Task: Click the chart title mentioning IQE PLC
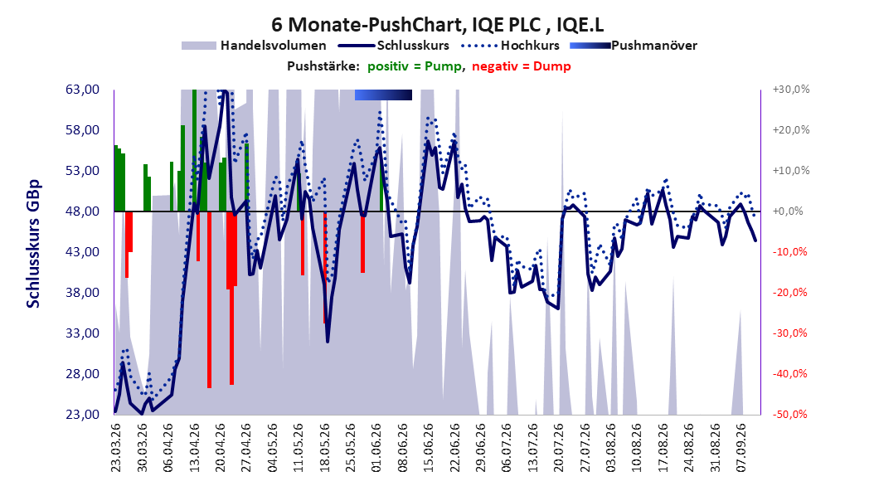pyautogui.click(x=437, y=25)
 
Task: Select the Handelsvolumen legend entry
pyautogui.click(x=254, y=46)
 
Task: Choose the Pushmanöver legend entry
pyautogui.click(x=634, y=46)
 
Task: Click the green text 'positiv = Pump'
pyautogui.click(x=415, y=66)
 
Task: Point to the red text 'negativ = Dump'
pyautogui.click(x=522, y=66)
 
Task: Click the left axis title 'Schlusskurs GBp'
pyautogui.click(x=33, y=244)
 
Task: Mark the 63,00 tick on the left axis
pyautogui.click(x=82, y=90)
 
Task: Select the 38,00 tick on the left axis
pyautogui.click(x=82, y=293)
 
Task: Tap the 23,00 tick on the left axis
pyautogui.click(x=82, y=415)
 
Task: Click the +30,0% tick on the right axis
pyautogui.click(x=790, y=90)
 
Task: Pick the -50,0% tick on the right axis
pyautogui.click(x=790, y=415)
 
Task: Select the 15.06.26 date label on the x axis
pyautogui.click(x=428, y=448)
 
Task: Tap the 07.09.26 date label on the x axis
pyautogui.click(x=740, y=448)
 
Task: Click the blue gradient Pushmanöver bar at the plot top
pyautogui.click(x=383, y=95)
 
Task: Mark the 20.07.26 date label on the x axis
pyautogui.click(x=559, y=448)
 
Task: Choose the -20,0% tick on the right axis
pyautogui.click(x=790, y=293)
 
